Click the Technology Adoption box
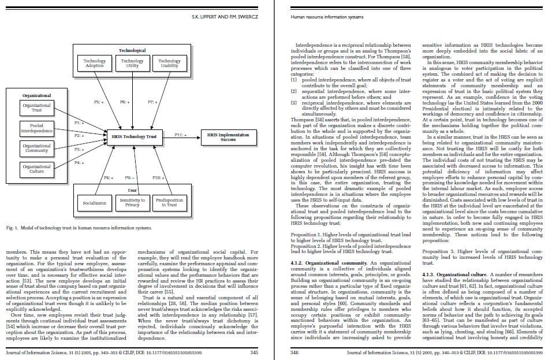(94, 63)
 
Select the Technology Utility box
(132, 63)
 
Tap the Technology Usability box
(169, 63)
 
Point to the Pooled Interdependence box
(36, 128)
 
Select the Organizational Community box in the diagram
(36, 148)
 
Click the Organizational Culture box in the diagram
(36, 168)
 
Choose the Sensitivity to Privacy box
(132, 202)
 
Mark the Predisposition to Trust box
(169, 202)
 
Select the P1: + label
(80, 123)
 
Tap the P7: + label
(153, 102)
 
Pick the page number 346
(294, 351)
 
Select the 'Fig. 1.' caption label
(12, 228)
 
